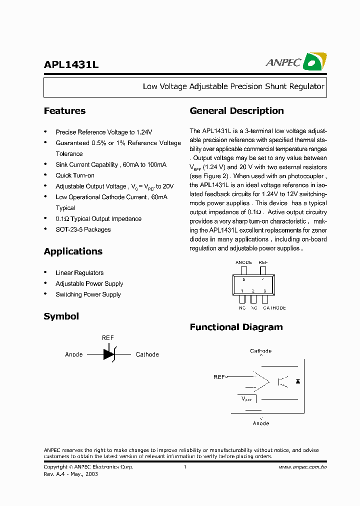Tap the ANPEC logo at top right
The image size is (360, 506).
tap(296, 62)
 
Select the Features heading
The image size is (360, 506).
tap(64, 111)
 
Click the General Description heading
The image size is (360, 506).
tap(236, 111)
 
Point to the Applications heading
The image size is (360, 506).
tap(73, 251)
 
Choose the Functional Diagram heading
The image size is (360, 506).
tap(236, 327)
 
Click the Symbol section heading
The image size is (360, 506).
tap(61, 316)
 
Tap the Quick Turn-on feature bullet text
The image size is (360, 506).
tap(75, 175)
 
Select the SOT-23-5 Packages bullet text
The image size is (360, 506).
tap(83, 229)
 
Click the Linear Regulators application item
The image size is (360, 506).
tap(79, 273)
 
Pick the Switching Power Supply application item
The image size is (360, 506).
tap(88, 294)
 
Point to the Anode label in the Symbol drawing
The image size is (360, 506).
tap(74, 354)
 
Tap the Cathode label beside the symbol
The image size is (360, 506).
tap(147, 354)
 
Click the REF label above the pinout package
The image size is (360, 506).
tap(263, 262)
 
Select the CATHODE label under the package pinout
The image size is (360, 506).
tap(274, 308)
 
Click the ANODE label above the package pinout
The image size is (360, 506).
tap(243, 262)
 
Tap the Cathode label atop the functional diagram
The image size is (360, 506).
tap(261, 351)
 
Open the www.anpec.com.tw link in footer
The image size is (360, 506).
tap(302, 467)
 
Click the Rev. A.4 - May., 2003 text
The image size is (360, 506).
tap(70, 474)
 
